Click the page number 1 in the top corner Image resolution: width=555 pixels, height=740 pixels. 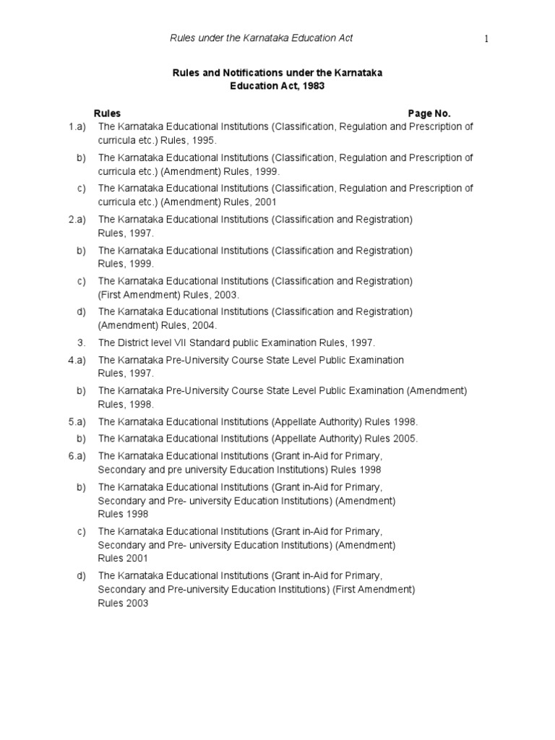tap(487, 39)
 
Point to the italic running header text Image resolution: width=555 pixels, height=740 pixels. tap(261, 38)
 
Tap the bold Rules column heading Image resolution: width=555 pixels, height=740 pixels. tap(108, 113)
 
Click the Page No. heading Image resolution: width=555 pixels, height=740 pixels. tap(429, 113)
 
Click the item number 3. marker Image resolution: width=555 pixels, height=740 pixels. tap(82, 343)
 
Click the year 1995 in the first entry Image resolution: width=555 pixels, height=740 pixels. tap(203, 140)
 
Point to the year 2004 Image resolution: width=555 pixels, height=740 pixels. tap(184, 325)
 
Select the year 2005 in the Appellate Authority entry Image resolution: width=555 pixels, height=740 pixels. tap(405, 439)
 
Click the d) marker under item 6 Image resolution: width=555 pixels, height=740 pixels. tap(81, 576)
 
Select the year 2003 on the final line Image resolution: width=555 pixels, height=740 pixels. tap(136, 603)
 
